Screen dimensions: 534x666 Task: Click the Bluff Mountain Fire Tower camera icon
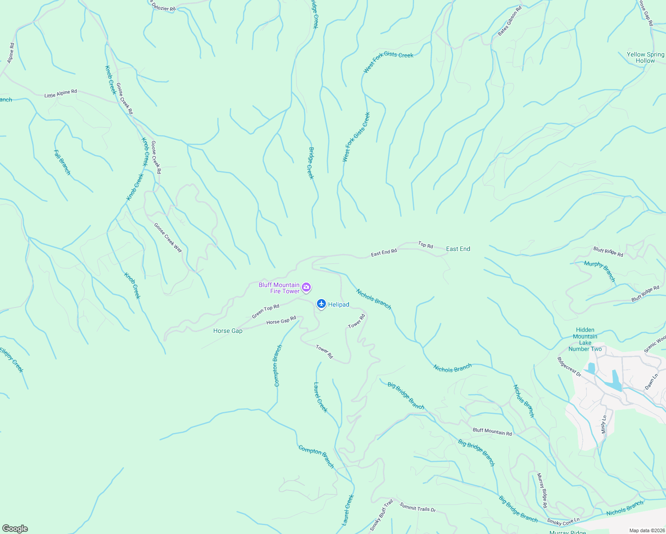pyautogui.click(x=306, y=287)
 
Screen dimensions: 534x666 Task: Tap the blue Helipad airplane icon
pyautogui.click(x=321, y=304)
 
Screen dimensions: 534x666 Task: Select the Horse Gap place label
pyautogui.click(x=228, y=331)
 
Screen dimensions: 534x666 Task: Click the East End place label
pyautogui.click(x=458, y=249)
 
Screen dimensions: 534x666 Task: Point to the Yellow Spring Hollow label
pyautogui.click(x=645, y=57)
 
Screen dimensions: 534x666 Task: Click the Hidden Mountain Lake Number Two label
pyautogui.click(x=585, y=339)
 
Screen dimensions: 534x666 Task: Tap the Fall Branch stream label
pyautogui.click(x=62, y=162)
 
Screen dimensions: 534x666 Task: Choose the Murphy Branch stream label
pyautogui.click(x=600, y=271)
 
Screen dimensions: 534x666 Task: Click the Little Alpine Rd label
pyautogui.click(x=61, y=93)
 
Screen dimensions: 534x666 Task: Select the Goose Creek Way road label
pyautogui.click(x=168, y=238)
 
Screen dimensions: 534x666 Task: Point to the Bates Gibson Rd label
pyautogui.click(x=510, y=21)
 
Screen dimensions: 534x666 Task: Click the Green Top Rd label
pyautogui.click(x=265, y=311)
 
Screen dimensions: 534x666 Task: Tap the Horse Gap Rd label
pyautogui.click(x=281, y=321)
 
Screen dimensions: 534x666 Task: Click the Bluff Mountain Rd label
pyautogui.click(x=492, y=431)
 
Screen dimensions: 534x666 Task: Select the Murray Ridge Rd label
pyautogui.click(x=542, y=491)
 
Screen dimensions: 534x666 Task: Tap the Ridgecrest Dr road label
pyautogui.click(x=569, y=367)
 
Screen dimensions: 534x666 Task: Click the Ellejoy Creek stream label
pyautogui.click(x=11, y=360)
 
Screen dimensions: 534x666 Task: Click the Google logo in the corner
pyautogui.click(x=15, y=529)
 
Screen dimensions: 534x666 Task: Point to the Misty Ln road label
pyautogui.click(x=604, y=424)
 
